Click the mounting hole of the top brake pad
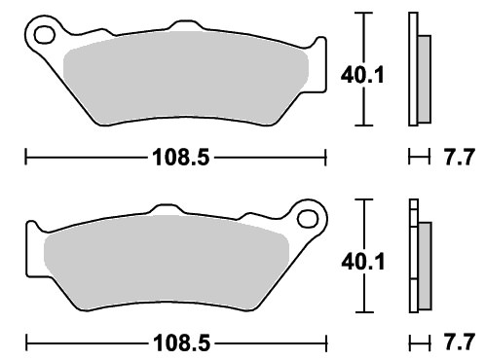45,35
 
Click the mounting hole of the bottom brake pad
308,218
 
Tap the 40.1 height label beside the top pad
362,75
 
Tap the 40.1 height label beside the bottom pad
363,262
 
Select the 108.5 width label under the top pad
181,158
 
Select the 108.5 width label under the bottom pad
181,342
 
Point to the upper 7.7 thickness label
459,157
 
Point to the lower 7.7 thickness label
459,342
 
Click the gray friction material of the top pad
185,78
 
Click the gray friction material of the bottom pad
166,263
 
